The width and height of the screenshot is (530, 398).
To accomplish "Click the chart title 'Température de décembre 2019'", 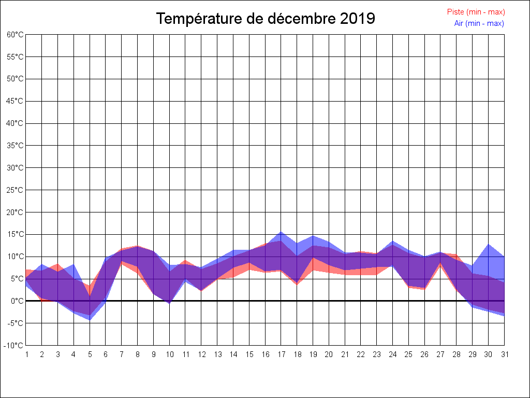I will point(266,19).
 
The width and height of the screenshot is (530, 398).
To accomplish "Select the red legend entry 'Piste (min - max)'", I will point(476,12).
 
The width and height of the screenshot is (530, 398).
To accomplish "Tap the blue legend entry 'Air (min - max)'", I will point(479,23).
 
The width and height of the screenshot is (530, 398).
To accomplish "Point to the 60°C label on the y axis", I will point(15,35).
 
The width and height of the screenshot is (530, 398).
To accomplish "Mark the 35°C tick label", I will point(15,146).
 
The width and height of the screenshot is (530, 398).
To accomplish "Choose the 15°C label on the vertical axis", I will point(15,234).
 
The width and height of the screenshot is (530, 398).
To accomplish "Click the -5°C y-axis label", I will point(15,323).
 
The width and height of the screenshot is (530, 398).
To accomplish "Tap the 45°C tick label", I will point(15,101).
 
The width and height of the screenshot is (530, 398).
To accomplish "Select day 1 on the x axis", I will point(26,354).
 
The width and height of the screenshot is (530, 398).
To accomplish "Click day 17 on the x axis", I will point(281,354).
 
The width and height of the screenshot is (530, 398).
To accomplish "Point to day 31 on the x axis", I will point(504,354).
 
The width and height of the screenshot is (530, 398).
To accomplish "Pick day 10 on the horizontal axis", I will point(169,354).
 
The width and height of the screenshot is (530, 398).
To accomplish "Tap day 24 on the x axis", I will point(393,354).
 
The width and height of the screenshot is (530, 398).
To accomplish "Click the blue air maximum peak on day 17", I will point(281,232).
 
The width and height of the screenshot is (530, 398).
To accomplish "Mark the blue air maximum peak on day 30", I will point(488,245).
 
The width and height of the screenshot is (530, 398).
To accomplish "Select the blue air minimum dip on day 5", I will point(90,320).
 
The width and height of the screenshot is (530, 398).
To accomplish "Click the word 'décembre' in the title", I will point(302,19).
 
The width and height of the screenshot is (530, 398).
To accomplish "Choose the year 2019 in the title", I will point(358,19).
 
